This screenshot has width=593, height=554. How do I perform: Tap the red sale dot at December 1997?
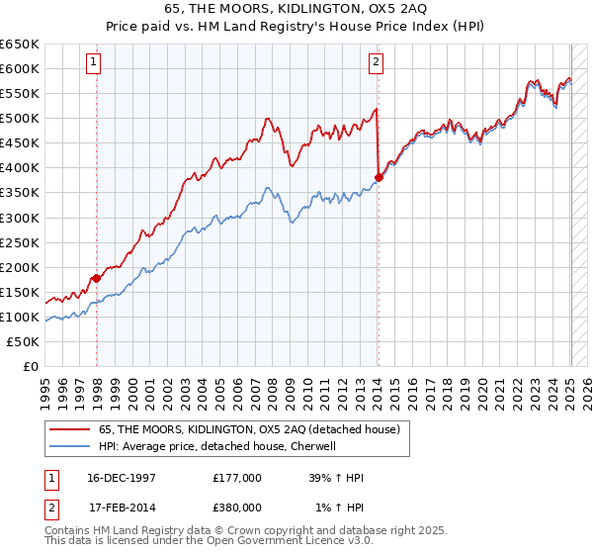click(x=97, y=278)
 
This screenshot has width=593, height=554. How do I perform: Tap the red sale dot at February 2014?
click(x=379, y=178)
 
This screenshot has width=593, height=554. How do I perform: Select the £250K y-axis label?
click(x=20, y=242)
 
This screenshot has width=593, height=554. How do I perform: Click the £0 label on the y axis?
click(x=32, y=366)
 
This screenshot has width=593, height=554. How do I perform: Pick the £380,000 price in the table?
click(x=237, y=508)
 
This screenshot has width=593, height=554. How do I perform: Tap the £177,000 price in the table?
click(x=237, y=478)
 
